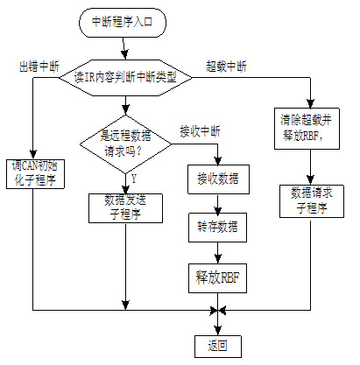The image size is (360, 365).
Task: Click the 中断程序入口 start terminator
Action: click(x=123, y=23)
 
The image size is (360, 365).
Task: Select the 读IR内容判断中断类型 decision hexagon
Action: click(x=125, y=78)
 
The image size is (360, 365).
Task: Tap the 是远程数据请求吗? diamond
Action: click(x=125, y=144)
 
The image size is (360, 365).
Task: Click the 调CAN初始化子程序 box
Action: click(x=35, y=174)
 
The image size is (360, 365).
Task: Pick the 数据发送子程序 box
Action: click(x=125, y=208)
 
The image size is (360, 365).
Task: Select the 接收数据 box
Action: click(x=218, y=179)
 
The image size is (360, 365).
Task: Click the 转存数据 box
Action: click(x=217, y=228)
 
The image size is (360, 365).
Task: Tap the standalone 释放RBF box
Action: click(x=217, y=278)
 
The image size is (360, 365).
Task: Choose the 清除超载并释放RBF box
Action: click(x=307, y=129)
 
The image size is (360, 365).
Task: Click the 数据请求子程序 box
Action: click(x=312, y=201)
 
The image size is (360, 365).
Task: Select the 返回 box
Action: click(x=218, y=347)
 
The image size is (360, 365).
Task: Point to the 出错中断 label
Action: click(x=39, y=67)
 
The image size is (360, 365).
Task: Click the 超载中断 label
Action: click(x=226, y=67)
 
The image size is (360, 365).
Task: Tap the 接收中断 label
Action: click(x=200, y=131)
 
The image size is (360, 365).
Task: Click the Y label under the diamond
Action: click(x=134, y=179)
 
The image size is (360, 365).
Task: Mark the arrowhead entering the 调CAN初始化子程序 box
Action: click(x=33, y=155)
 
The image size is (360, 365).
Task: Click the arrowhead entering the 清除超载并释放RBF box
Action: click(x=310, y=103)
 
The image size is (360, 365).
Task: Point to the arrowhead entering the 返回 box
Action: click(x=218, y=331)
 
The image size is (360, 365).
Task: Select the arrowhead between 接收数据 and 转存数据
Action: click(x=217, y=208)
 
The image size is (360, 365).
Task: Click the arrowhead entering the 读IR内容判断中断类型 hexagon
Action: click(x=124, y=55)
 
